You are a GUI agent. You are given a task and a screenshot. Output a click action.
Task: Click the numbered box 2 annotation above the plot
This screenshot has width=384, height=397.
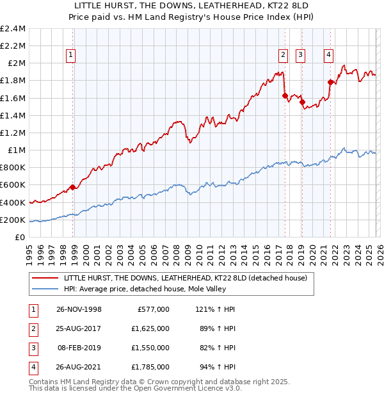click(282, 56)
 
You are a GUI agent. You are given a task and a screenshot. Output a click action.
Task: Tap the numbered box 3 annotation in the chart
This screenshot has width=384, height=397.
click(300, 56)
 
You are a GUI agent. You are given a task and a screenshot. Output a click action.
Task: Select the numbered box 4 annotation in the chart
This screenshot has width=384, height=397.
click(328, 56)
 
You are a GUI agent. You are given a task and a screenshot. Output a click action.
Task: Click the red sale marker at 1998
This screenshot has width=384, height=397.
click(73, 187)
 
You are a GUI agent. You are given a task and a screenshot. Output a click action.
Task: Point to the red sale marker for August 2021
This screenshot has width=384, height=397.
click(330, 82)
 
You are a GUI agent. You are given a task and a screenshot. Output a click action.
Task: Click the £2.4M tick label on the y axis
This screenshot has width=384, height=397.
click(13, 29)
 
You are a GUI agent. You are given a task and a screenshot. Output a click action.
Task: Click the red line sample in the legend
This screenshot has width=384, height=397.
click(46, 278)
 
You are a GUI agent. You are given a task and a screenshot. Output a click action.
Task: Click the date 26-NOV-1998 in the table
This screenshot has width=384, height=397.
click(79, 309)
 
